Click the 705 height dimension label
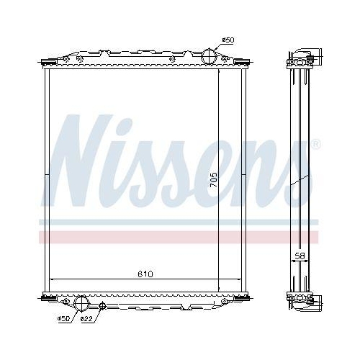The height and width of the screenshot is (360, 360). (212, 179)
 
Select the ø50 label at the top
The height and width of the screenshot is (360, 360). (228, 40)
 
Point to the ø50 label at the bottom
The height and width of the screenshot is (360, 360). (64, 318)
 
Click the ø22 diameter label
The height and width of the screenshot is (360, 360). (86, 318)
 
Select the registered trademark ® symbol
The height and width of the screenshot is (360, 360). (315, 146)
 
